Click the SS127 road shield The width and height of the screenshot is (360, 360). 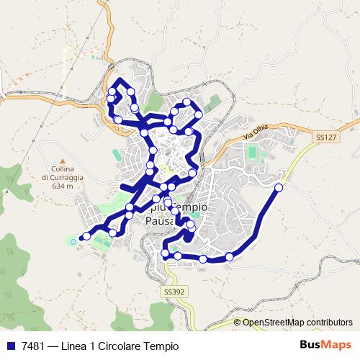325,135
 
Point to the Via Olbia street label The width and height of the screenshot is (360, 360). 255,131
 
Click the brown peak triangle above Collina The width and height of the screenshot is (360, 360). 63,161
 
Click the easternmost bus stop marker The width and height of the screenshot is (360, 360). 279,187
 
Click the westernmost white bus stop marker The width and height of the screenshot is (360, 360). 87,235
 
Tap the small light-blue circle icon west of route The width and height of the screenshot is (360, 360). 73,241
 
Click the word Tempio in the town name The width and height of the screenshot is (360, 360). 190,207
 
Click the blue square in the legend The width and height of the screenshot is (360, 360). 12,346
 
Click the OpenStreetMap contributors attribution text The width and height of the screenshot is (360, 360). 297,322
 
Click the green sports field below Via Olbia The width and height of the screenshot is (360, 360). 253,152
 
